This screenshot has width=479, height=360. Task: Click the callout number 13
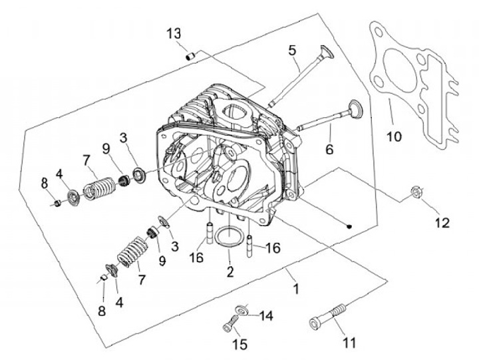(174, 33)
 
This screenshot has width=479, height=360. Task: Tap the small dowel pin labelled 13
(191, 57)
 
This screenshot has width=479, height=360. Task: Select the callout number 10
(394, 136)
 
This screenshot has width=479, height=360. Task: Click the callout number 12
(442, 223)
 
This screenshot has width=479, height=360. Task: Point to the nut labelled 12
(416, 192)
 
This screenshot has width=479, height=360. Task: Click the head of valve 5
(327, 51)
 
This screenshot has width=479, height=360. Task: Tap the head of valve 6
(355, 108)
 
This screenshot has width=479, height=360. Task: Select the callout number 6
(329, 150)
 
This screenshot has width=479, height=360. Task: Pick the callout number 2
(230, 271)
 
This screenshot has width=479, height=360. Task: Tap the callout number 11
(349, 343)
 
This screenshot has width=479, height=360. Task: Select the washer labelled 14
(241, 309)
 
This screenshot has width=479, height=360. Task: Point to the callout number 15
(239, 345)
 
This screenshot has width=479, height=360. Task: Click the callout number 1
(295, 289)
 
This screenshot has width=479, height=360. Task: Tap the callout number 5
(292, 51)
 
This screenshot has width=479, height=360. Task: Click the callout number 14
(265, 315)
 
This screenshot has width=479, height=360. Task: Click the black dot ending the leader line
(349, 226)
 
